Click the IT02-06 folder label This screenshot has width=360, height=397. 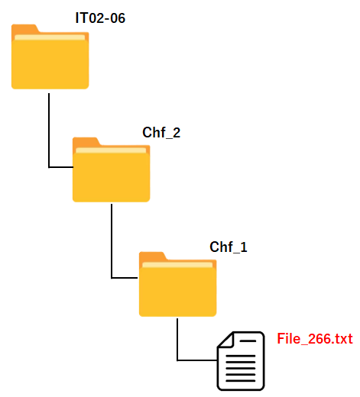tap(100, 18)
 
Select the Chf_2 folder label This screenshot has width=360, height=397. tap(161, 133)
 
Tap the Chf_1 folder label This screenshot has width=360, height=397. tap(229, 247)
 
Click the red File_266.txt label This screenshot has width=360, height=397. tap(315, 339)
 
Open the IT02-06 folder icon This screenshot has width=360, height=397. tap(50, 56)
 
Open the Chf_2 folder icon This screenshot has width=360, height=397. tap(112, 169)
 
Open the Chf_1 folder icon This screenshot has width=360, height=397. tap(177, 284)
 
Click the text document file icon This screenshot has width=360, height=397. tap(241, 361)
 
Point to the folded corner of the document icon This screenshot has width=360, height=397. tap(225, 340)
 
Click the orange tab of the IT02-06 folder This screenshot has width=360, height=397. tap(25, 29)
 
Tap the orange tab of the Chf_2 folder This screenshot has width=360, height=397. tap(86, 142)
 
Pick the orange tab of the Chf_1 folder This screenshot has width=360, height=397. tap(153, 257)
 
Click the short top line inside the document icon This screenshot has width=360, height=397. tap(248, 341)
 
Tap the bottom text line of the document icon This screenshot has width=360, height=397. tap(241, 381)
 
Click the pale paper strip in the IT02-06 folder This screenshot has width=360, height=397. tap(50, 37)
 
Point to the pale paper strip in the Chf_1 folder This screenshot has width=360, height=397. tap(177, 265)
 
